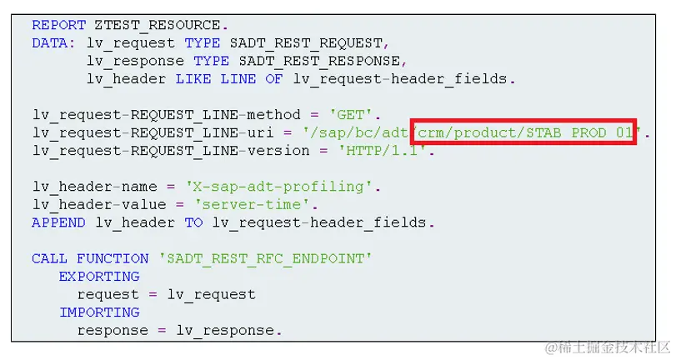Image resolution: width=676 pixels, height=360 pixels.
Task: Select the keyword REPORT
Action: point(58,24)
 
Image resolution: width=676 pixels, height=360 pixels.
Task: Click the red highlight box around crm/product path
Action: point(523,132)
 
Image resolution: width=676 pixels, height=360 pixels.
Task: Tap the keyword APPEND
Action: point(58,222)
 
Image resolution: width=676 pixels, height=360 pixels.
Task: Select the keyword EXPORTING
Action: point(99,277)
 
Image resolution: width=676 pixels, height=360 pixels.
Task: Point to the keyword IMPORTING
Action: point(99,312)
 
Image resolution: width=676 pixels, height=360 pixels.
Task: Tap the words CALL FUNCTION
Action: point(90,259)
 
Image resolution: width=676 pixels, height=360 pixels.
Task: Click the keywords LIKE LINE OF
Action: point(229,79)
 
